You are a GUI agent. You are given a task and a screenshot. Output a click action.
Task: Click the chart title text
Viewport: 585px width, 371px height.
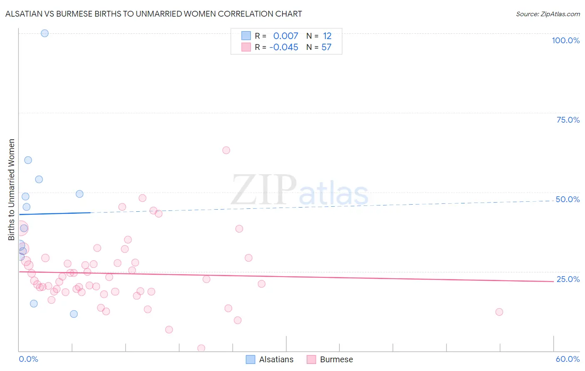point(154,14)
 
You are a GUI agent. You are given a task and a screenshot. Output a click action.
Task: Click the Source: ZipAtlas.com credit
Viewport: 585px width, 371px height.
point(548,14)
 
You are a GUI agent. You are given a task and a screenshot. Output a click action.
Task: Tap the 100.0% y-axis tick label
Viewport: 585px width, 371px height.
point(565,40)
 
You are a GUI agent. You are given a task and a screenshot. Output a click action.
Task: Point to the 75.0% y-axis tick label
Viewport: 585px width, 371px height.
point(568,120)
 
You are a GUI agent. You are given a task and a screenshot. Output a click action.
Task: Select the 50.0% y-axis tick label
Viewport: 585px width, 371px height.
point(568,199)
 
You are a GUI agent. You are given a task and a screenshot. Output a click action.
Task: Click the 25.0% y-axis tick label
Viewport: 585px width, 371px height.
point(568,279)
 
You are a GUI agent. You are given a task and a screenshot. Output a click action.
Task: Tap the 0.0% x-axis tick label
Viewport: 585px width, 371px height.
point(28,359)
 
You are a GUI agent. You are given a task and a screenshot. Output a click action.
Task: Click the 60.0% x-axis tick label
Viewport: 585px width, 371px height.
point(568,359)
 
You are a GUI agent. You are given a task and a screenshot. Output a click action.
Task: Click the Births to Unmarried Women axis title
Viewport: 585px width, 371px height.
point(11,190)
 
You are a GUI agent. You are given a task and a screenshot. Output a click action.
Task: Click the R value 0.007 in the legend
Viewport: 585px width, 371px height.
point(285,36)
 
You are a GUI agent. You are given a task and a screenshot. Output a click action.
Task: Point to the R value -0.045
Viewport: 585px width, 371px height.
point(284,47)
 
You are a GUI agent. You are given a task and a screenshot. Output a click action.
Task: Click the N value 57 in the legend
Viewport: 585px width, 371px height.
point(326,47)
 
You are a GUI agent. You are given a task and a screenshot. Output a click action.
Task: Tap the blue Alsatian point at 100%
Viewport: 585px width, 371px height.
point(45,33)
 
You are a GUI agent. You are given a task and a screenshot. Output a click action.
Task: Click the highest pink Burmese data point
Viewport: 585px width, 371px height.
point(226,150)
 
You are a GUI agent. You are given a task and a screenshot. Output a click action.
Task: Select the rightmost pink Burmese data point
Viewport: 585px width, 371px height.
point(499,312)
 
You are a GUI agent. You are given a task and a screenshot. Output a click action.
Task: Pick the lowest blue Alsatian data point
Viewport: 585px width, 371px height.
point(74,314)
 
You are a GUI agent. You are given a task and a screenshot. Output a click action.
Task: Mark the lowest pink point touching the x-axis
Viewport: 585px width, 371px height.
point(201,348)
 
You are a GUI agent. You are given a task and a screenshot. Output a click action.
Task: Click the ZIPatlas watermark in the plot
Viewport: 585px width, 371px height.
point(300,190)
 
